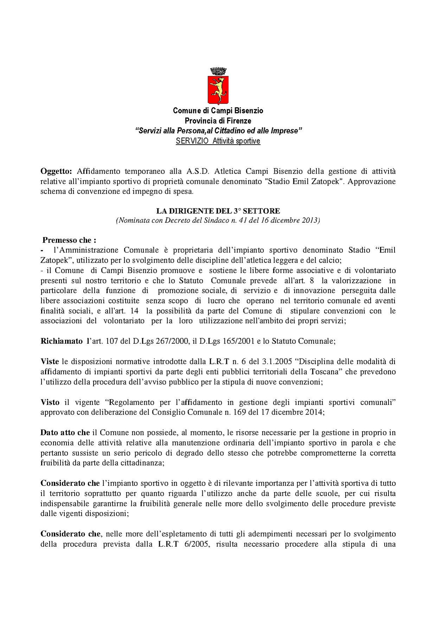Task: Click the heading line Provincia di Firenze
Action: [x=218, y=121]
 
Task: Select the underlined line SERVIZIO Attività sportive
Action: [x=218, y=141]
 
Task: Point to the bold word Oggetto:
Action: [x=56, y=171]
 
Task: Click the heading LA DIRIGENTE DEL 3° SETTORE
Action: [x=218, y=211]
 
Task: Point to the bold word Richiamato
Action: [x=62, y=341]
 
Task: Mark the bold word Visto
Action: [x=50, y=402]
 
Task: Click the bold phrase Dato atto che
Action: [x=65, y=433]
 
